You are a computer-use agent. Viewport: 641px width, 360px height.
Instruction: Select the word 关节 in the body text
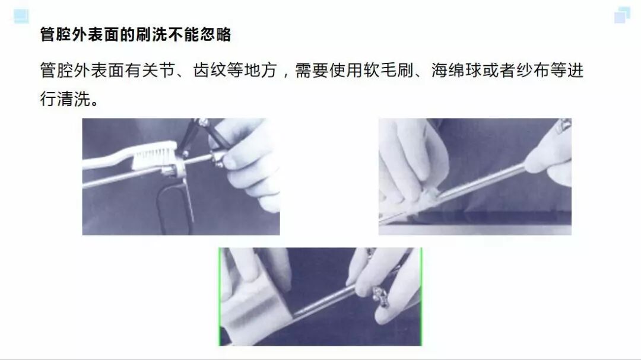[162, 71]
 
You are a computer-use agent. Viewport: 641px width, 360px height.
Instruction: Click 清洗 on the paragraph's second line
[72, 99]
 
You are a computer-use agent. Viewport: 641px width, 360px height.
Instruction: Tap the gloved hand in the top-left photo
[249, 160]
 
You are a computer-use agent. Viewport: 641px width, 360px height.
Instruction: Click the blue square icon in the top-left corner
[21, 16]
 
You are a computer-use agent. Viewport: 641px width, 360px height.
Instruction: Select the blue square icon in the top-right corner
[621, 15]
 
